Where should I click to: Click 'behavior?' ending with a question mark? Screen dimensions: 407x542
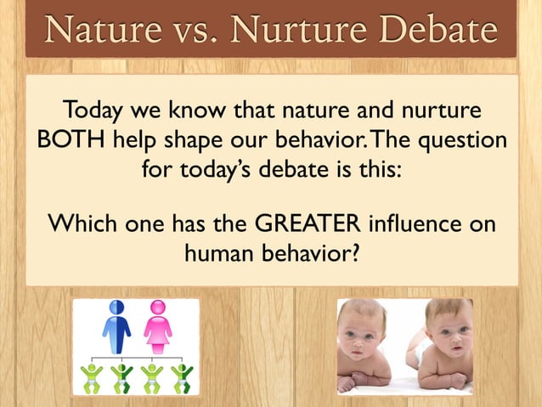[310, 253]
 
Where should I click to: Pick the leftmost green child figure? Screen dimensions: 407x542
[90, 377]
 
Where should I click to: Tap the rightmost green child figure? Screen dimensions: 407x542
[182, 377]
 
